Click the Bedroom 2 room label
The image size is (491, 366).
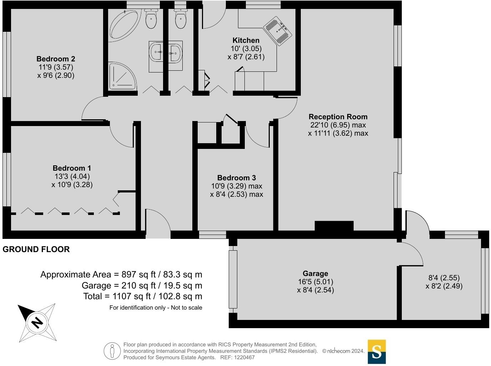[56, 59]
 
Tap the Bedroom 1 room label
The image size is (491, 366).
[72, 168]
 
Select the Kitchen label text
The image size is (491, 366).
[246, 40]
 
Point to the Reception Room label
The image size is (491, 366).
[338, 117]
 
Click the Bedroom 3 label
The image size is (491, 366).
[237, 178]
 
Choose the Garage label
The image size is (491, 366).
[315, 274]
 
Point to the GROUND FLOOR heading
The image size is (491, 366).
[36, 249]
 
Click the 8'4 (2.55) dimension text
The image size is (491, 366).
[444, 278]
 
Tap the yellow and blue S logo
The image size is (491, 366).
[376, 352]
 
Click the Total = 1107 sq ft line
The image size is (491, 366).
[143, 296]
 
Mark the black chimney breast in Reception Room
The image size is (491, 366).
[334, 226]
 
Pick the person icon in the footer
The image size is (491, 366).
[112, 351]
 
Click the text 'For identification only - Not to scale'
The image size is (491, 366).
[156, 307]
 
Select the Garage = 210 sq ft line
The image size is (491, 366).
[142, 286]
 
